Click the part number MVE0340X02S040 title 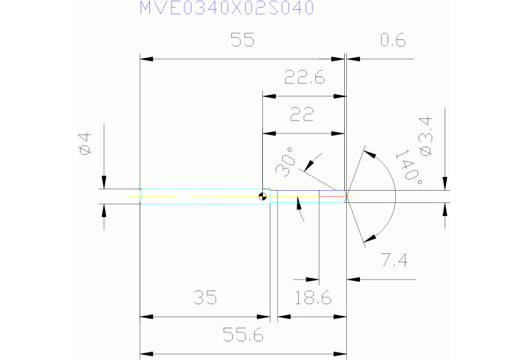click(x=226, y=8)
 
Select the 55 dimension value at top click(x=242, y=41)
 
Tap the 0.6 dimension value click(x=393, y=41)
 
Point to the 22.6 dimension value click(x=304, y=78)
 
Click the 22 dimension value click(x=302, y=115)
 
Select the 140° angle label click(x=409, y=165)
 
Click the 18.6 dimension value click(x=313, y=298)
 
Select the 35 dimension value click(x=204, y=298)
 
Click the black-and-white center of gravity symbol click(x=262, y=197)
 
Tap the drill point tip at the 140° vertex click(x=346, y=196)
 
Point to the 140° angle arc click(x=395, y=196)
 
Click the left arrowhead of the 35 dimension click(x=145, y=317)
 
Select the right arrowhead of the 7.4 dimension click(x=352, y=279)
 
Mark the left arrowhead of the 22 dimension click(x=268, y=133)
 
